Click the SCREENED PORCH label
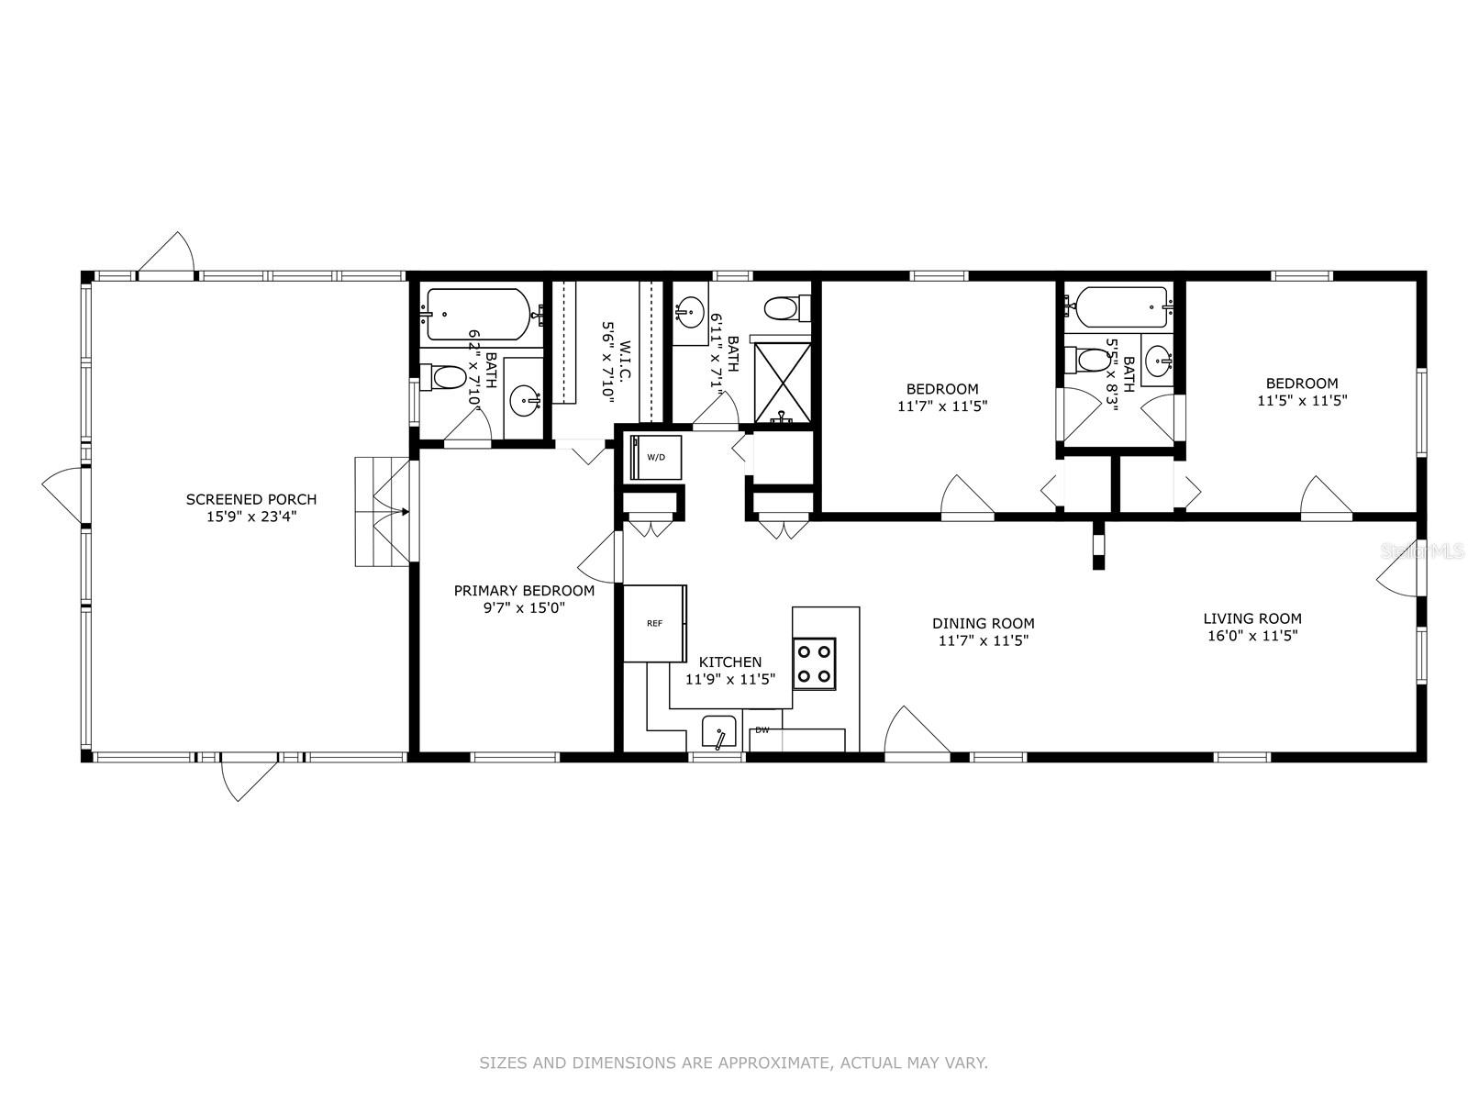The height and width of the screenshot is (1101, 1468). pos(250,499)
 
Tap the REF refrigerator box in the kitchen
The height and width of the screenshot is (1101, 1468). pos(655,623)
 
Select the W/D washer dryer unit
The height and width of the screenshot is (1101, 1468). pos(655,457)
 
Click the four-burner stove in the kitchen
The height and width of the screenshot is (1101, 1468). pos(814,663)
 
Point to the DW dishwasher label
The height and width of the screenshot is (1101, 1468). pos(762,730)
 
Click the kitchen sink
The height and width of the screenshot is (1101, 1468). pos(718,733)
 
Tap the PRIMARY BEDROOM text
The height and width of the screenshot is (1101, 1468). pos(524,590)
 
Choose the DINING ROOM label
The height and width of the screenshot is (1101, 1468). pos(984,623)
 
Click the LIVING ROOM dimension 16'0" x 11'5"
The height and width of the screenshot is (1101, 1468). pos(1252,635)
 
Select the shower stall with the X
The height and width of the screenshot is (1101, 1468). pos(783,383)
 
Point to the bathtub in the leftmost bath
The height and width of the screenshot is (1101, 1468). pos(479,314)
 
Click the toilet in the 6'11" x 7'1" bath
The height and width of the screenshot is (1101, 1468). pos(786,308)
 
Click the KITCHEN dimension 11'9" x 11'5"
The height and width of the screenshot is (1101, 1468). pos(730,679)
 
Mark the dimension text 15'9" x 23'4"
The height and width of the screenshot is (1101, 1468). pos(250,516)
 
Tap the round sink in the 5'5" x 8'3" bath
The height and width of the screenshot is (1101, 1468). pos(1158,362)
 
